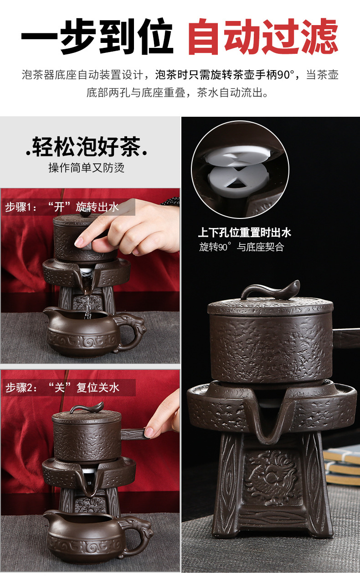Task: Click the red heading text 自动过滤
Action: click(263, 36)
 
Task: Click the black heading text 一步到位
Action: click(97, 36)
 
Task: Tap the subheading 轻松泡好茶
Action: click(87, 146)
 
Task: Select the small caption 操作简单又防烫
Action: click(87, 168)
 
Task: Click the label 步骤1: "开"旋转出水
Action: click(62, 207)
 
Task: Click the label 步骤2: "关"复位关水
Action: click(62, 388)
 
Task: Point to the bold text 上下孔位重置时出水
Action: click(244, 233)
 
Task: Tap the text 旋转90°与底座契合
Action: click(242, 247)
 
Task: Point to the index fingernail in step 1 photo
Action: click(79, 241)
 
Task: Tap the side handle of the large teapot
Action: click(346, 337)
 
